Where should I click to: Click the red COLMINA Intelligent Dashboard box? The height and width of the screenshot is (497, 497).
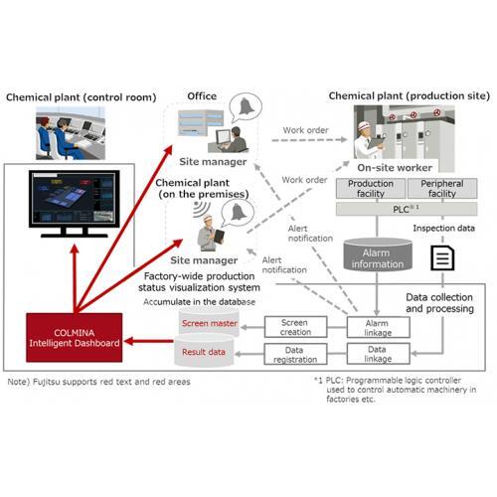(x=75, y=337)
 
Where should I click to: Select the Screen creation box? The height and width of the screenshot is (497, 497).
(x=295, y=327)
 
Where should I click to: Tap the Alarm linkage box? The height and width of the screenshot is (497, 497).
(x=378, y=327)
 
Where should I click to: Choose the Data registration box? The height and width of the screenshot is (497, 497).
(x=295, y=354)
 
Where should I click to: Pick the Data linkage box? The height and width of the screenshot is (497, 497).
(x=378, y=354)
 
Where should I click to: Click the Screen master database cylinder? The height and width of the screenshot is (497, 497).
(x=209, y=322)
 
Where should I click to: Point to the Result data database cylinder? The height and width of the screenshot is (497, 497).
(x=204, y=351)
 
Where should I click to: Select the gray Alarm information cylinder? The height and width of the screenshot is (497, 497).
(x=378, y=254)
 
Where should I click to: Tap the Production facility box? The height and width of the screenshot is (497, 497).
(x=371, y=188)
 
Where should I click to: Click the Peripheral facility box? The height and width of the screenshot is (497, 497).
(x=442, y=188)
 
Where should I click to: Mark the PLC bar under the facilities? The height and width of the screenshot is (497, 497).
(x=407, y=209)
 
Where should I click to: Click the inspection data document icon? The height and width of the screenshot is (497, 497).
(x=442, y=257)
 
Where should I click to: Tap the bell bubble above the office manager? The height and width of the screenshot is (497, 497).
(x=246, y=107)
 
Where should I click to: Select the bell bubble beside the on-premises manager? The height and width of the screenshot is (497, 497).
(x=238, y=214)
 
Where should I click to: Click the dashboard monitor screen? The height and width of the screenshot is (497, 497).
(x=75, y=199)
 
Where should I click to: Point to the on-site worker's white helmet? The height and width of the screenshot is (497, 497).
(x=365, y=125)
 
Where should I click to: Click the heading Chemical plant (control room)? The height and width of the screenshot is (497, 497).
(x=82, y=97)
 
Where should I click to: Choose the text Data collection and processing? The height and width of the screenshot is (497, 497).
(x=439, y=303)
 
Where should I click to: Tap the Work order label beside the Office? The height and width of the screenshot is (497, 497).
(x=305, y=130)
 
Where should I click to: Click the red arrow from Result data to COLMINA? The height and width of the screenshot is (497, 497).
(x=149, y=341)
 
